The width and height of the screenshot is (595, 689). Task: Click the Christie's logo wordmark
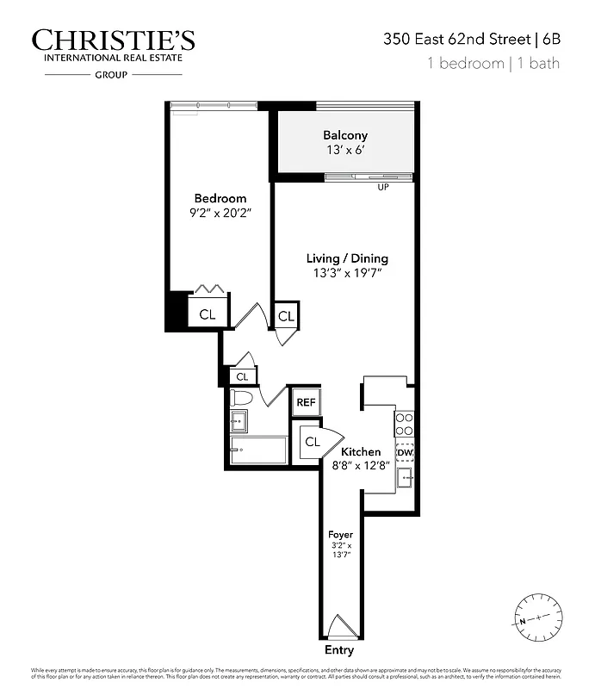coord(113,40)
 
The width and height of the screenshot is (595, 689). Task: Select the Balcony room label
coord(345,135)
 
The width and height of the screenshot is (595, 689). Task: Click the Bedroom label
coord(220,199)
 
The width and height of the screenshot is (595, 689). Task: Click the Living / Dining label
coord(348,258)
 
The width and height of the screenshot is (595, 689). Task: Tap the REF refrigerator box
coord(306,402)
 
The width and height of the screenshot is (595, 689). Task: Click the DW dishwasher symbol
coord(405,452)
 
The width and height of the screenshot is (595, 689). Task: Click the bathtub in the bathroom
coord(257,450)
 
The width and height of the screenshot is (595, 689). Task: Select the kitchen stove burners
coord(405,423)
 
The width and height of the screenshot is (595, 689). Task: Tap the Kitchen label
coord(361,452)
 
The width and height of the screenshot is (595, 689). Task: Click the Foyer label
coord(341,535)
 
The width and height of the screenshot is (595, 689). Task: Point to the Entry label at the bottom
coord(339,651)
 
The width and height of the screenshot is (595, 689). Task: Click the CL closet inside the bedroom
coord(208,314)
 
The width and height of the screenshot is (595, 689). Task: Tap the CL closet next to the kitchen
coord(312,442)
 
